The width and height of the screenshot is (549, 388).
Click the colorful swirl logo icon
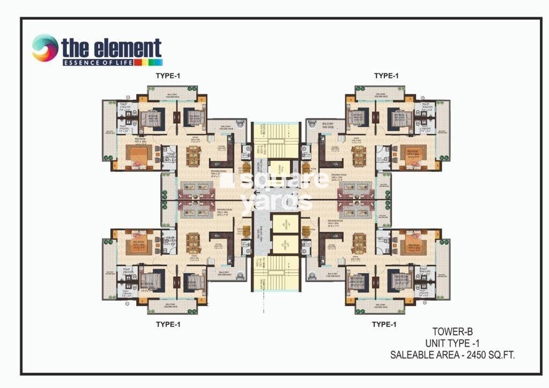point(45,48)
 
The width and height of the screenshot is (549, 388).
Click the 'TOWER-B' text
point(453,332)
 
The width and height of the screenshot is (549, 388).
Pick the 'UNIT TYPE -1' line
point(453,343)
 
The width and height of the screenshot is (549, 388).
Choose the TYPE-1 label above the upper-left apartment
point(168,76)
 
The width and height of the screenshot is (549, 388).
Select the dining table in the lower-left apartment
point(193,242)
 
